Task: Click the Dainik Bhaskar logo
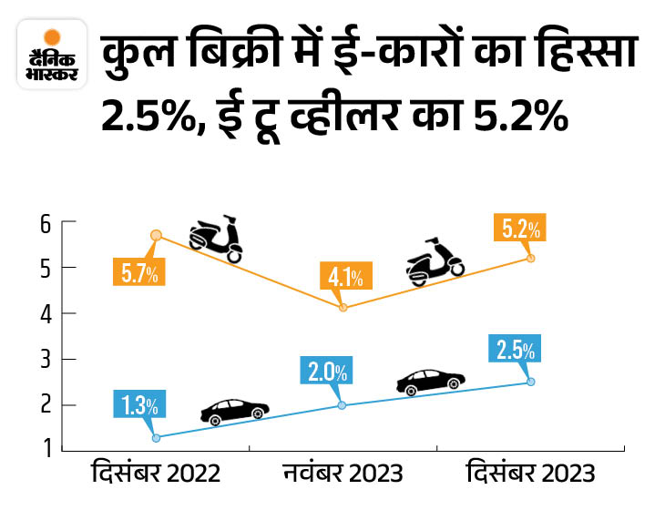pos(52,58)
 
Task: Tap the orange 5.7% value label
pos(141,270)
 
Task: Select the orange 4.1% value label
pos(345,276)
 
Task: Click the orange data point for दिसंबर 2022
pos(156,235)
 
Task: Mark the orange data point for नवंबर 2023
pos(343,308)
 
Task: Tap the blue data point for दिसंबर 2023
pos(531,382)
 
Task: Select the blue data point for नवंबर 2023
pos(343,405)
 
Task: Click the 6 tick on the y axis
pos(43,222)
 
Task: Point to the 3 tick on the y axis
pos(43,359)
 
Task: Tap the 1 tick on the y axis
pos(43,450)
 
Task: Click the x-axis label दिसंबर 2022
pos(156,474)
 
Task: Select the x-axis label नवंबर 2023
pos(343,474)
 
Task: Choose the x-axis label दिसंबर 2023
pos(531,474)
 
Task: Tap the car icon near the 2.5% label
pos(430,382)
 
